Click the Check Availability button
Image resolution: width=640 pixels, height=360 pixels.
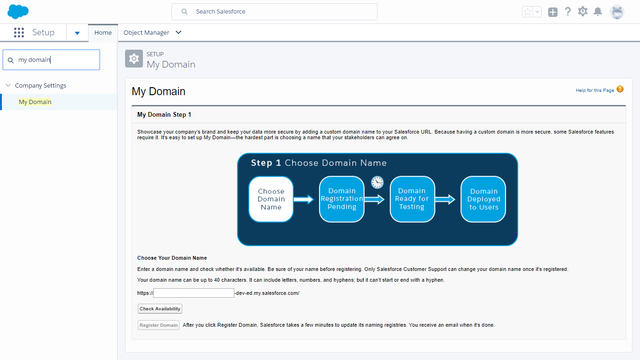pyautogui.click(x=160, y=308)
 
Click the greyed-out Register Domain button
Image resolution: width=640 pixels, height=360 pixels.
pyautogui.click(x=158, y=325)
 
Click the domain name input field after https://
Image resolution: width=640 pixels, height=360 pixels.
pyautogui.click(x=193, y=293)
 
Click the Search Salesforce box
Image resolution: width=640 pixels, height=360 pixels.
pyautogui.click(x=274, y=12)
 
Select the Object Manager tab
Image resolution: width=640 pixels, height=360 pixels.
pyautogui.click(x=146, y=33)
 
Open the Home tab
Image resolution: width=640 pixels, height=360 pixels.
pyautogui.click(x=103, y=33)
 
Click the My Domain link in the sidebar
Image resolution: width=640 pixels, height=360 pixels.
pyautogui.click(x=35, y=102)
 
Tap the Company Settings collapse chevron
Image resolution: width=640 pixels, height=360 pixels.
pyautogui.click(x=8, y=85)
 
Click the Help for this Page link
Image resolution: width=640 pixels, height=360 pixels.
pyautogui.click(x=595, y=90)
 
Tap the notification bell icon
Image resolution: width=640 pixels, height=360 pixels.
pyautogui.click(x=598, y=12)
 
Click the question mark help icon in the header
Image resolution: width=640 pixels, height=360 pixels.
pyautogui.click(x=568, y=12)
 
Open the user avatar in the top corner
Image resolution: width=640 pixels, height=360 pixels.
pyautogui.click(x=617, y=12)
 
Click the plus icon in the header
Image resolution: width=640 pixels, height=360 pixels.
pyautogui.click(x=552, y=12)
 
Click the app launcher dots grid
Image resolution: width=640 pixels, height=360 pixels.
pyautogui.click(x=19, y=33)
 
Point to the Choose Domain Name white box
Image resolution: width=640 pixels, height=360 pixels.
pyautogui.click(x=271, y=199)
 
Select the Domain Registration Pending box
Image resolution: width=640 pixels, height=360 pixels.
pyautogui.click(x=342, y=199)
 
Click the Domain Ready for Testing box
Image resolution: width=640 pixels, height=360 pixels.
pyautogui.click(x=412, y=199)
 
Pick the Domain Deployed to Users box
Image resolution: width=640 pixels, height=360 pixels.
pyautogui.click(x=484, y=199)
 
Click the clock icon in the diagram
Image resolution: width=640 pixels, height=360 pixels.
pyautogui.click(x=377, y=182)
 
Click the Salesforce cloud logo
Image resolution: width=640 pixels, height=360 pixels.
pyautogui.click(x=18, y=12)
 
